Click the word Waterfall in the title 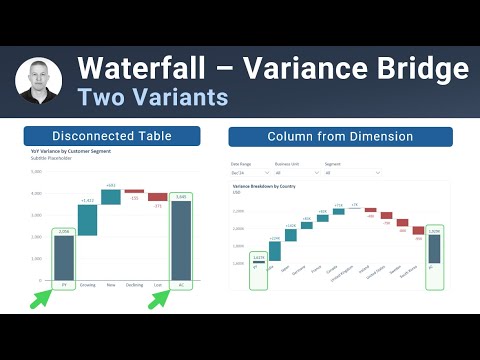tap(139, 70)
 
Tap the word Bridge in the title tap(413, 70)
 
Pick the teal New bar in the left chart tap(111, 198)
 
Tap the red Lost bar tap(157, 198)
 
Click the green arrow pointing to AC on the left tap(158, 297)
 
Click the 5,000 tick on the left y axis tap(36, 172)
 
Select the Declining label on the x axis tap(134, 286)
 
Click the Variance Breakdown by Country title tap(263, 187)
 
